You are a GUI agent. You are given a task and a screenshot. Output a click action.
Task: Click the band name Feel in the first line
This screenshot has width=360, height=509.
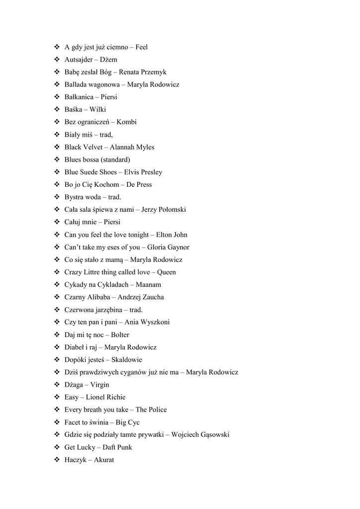[141, 47]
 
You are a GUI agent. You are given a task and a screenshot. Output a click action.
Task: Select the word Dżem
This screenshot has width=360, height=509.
[108, 60]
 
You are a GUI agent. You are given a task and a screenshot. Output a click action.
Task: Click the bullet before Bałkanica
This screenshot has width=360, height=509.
[56, 97]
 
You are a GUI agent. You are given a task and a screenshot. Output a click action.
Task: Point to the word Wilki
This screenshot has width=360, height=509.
[97, 109]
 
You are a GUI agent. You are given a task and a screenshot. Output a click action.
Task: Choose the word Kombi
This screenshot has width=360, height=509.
[126, 122]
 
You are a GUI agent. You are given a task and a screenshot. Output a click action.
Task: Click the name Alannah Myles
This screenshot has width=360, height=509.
[132, 147]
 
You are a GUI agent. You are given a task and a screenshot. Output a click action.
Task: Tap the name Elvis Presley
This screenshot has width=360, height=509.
[143, 172]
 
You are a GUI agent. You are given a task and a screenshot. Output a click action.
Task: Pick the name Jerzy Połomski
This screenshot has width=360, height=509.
[164, 210]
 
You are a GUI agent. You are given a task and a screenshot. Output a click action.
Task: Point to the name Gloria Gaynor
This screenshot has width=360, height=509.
[168, 247]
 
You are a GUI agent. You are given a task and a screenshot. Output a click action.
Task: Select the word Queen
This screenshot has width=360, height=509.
[166, 272]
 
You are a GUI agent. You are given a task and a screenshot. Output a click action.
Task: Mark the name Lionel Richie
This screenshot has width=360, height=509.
[105, 397]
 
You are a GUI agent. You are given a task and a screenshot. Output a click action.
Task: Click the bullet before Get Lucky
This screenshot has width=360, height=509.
[56, 447]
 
